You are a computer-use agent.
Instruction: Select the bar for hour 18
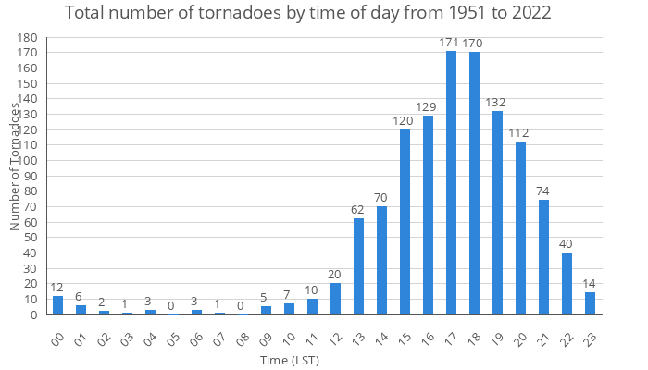click(474, 184)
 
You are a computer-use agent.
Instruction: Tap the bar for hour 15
click(405, 222)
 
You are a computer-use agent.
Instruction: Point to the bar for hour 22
click(567, 283)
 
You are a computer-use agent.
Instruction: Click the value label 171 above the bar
click(451, 43)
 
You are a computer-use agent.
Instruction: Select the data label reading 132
click(497, 103)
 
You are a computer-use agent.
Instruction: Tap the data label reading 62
click(358, 210)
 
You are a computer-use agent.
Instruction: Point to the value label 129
click(428, 107)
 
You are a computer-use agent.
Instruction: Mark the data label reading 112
click(520, 133)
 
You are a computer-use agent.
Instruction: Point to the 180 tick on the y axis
click(28, 38)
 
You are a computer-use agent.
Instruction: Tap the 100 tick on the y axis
click(28, 161)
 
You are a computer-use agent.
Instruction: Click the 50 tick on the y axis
click(31, 238)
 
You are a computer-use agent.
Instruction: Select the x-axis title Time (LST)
click(290, 360)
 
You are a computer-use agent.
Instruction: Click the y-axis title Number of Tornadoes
click(16, 166)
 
